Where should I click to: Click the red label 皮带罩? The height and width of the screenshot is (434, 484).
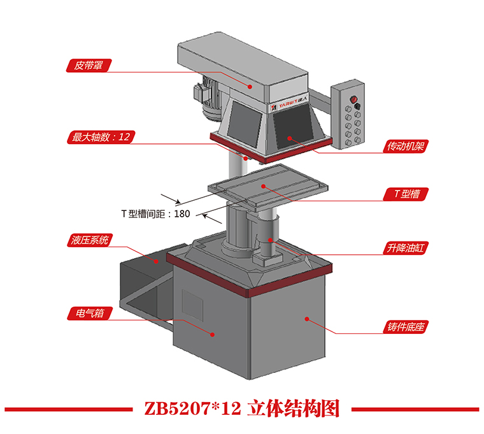click(89, 66)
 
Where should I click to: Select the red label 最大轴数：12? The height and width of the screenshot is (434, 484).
click(101, 137)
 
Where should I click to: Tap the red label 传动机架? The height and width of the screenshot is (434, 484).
click(406, 146)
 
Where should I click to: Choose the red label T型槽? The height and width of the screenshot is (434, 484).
click(406, 194)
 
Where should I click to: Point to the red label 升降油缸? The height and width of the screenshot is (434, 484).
click(406, 248)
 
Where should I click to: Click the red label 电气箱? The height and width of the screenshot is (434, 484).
click(90, 313)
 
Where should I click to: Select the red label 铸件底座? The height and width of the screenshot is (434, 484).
click(406, 327)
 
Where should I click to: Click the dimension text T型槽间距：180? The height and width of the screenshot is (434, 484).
click(155, 213)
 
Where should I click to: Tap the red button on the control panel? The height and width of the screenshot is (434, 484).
click(353, 99)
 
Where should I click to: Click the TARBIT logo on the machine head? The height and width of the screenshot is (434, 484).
click(289, 103)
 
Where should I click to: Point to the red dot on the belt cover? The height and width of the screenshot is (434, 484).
click(250, 87)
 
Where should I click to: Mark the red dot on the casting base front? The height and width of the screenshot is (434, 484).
click(307, 319)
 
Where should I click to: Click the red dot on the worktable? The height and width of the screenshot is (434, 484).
click(263, 186)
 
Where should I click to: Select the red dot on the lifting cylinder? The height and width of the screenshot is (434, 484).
click(271, 240)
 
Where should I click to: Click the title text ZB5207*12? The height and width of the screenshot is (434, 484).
click(192, 409)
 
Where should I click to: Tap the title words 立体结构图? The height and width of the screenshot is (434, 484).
click(293, 409)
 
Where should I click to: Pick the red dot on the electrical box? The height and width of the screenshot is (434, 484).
click(212, 334)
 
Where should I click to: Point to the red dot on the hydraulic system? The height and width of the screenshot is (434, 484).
click(156, 261)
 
